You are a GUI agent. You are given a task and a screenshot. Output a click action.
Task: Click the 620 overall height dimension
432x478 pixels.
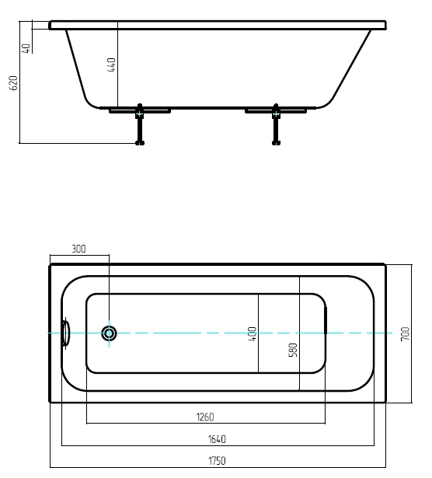[14, 83]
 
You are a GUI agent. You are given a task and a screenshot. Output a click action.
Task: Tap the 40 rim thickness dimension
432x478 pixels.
[26, 48]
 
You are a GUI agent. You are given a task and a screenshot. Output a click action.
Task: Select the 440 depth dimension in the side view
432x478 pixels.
[112, 65]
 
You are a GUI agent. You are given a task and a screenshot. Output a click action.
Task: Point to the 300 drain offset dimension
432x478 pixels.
[78, 249]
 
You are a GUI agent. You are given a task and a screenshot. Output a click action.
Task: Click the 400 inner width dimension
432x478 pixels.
[253, 333]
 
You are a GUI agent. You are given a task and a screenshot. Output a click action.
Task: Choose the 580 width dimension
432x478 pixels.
[293, 350]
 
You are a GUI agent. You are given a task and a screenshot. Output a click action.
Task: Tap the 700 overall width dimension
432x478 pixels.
[405, 333]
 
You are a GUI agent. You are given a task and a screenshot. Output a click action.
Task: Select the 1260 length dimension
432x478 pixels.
[205, 417]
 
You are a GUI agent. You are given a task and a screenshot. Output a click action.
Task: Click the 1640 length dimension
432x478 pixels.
[217, 439]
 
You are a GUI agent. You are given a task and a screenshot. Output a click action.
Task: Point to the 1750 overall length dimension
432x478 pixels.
[217, 461]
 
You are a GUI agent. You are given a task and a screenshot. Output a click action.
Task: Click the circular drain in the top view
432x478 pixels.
[109, 333]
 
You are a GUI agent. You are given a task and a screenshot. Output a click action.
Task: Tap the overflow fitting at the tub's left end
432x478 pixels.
[65, 333]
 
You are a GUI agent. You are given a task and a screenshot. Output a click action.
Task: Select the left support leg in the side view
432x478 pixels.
[140, 124]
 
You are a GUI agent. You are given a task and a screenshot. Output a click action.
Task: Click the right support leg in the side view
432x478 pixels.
[276, 124]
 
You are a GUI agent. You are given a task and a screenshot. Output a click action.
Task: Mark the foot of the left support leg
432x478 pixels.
[140, 143]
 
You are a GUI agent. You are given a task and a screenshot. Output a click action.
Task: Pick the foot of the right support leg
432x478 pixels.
[276, 143]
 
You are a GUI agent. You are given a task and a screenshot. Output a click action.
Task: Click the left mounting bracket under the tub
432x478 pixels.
[140, 110]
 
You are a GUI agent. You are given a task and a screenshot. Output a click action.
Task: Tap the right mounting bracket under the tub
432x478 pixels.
[276, 110]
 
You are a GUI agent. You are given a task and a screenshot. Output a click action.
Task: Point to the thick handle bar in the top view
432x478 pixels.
[326, 320]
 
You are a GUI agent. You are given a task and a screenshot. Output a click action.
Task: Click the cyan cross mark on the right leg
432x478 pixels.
[276, 114]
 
